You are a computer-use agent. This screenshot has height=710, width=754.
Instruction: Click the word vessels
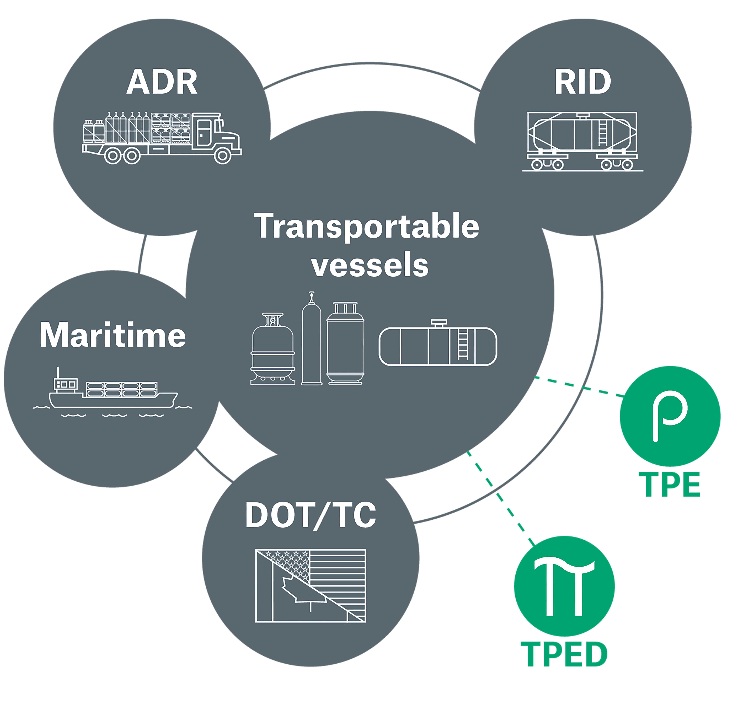370,265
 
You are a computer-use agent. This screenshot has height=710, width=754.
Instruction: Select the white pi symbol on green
564,586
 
